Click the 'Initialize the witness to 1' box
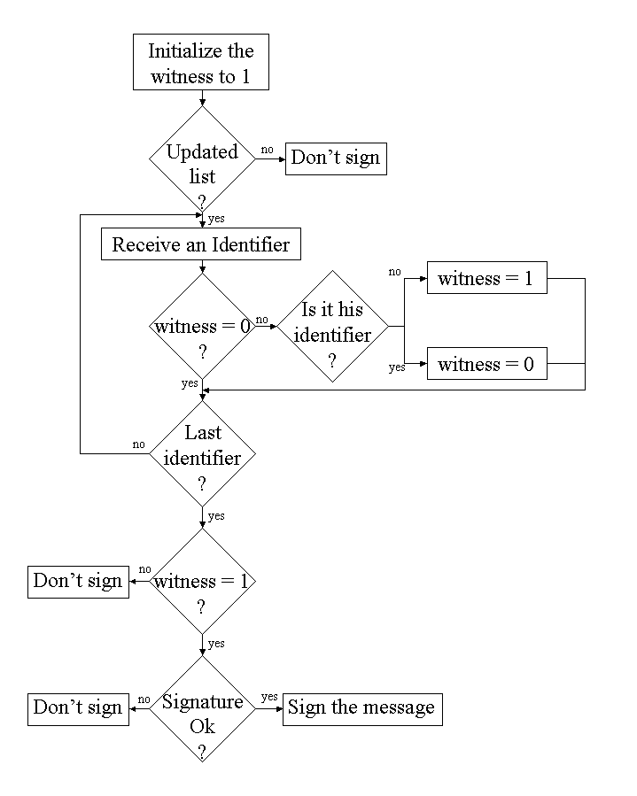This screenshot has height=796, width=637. (x=200, y=63)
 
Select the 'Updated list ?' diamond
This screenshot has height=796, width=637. (x=203, y=163)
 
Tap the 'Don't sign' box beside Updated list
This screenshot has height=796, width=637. (x=336, y=158)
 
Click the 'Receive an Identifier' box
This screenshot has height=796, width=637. (x=201, y=243)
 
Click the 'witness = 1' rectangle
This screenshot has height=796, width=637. (x=486, y=279)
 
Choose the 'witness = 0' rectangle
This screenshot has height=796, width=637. (x=486, y=364)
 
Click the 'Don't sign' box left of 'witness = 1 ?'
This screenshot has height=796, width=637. (x=78, y=582)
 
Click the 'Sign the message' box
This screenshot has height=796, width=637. (x=361, y=708)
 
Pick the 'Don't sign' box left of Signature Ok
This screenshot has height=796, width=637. (x=78, y=707)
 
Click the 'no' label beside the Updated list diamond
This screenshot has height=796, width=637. (x=267, y=150)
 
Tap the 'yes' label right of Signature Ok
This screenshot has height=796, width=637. (x=269, y=697)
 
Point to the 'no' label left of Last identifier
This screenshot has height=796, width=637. (x=138, y=444)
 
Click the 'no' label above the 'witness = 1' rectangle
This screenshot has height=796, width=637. (x=394, y=271)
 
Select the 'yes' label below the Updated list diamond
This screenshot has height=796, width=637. (x=216, y=219)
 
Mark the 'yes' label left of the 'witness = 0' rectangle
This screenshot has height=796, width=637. (x=396, y=367)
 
